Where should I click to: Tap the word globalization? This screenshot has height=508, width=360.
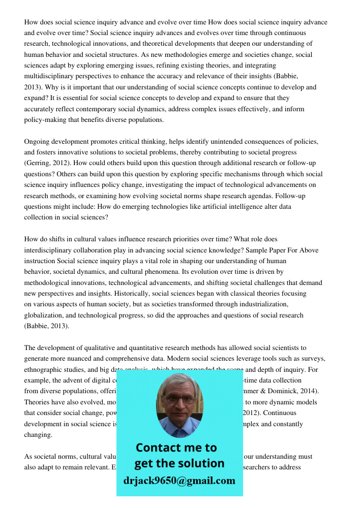[46, 315]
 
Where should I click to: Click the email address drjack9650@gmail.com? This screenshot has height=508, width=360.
[179, 481]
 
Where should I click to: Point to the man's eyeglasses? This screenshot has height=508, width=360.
[179, 399]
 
